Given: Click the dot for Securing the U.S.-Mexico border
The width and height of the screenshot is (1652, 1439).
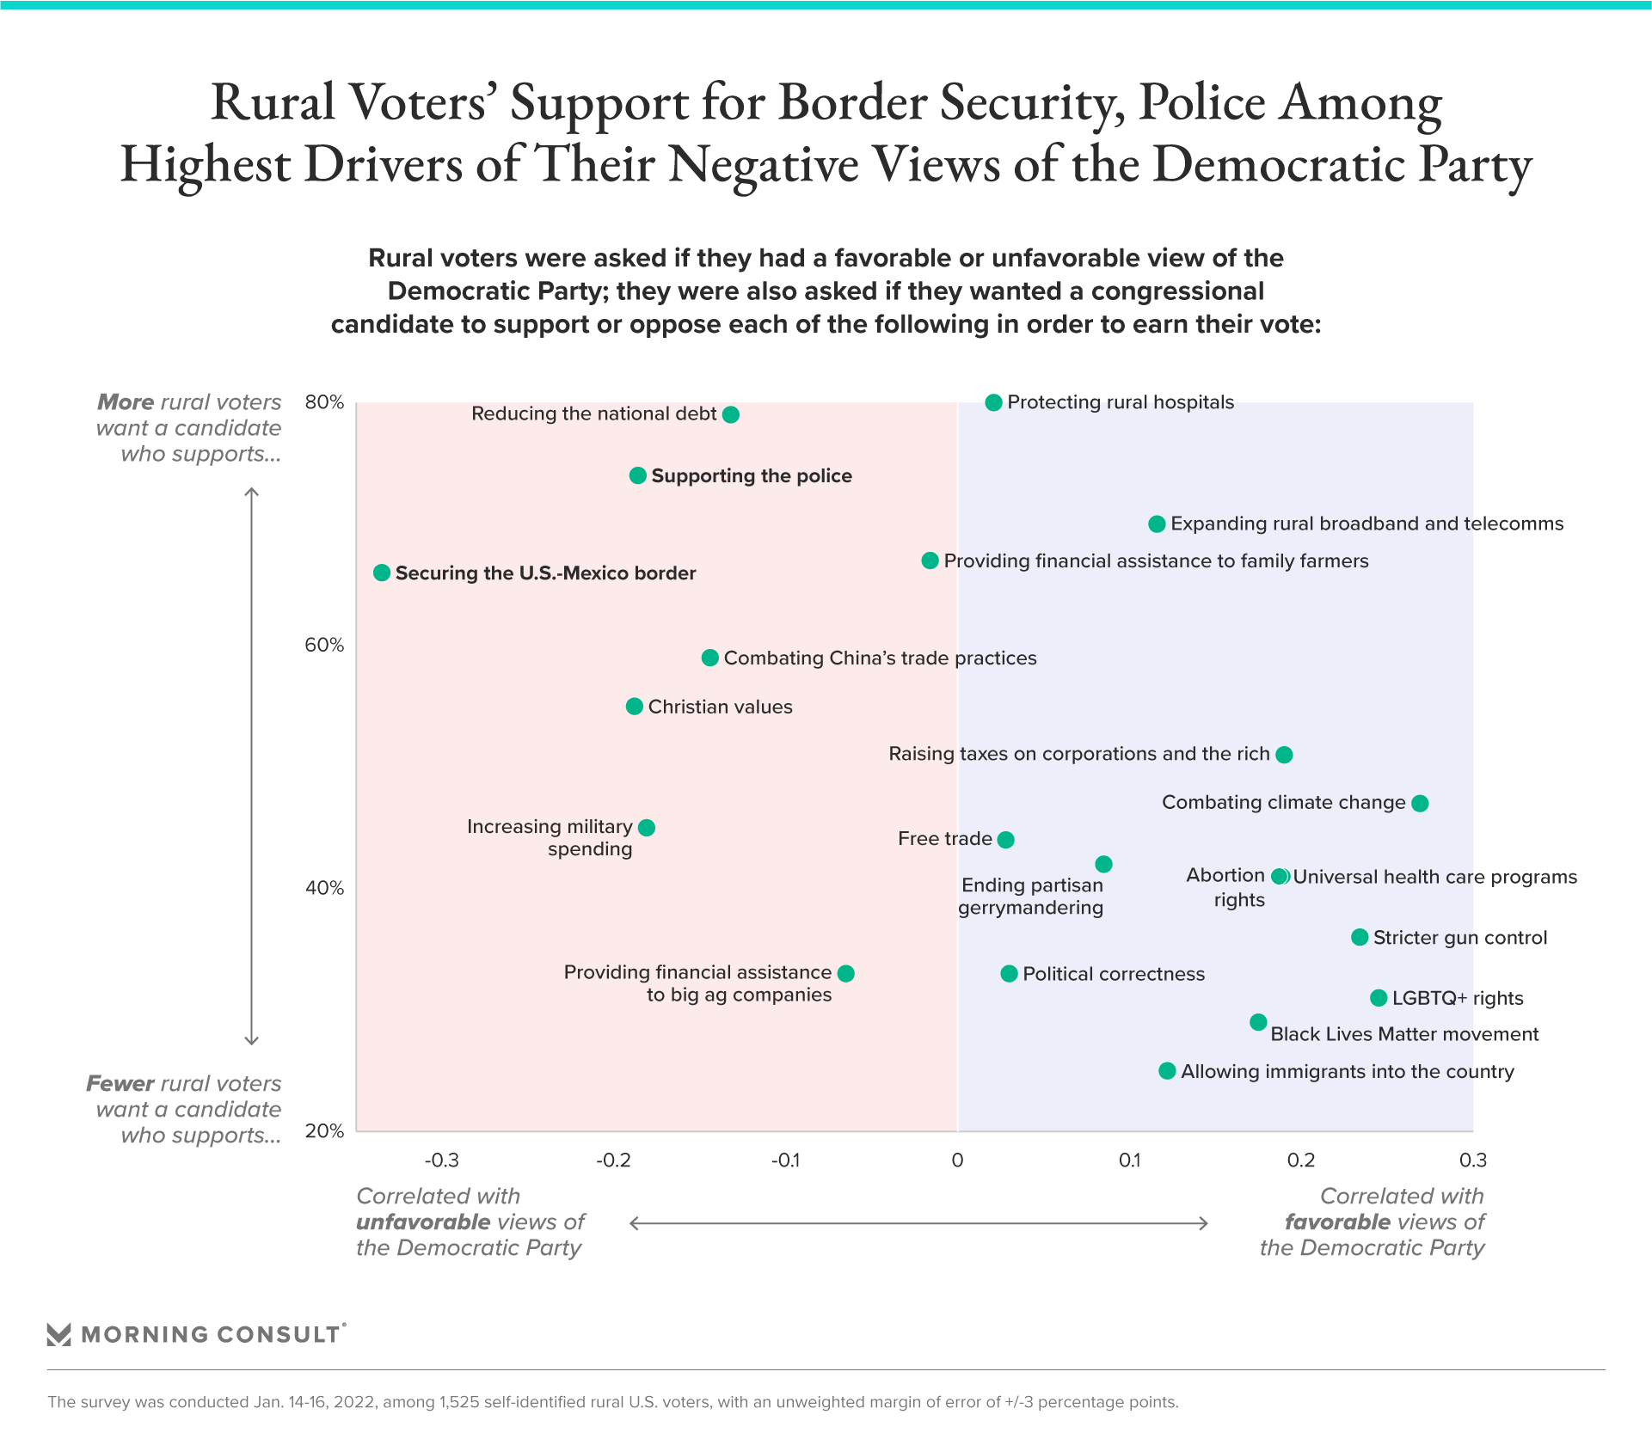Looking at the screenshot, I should coord(382,573).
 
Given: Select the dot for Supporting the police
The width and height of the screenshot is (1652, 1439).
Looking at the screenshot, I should coord(637,475).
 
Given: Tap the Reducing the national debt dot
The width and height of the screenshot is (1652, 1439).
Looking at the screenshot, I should coord(731,414).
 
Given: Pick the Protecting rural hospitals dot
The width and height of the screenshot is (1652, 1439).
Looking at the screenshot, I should coord(993,402).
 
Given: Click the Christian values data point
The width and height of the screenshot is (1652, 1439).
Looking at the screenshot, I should coord(634,707).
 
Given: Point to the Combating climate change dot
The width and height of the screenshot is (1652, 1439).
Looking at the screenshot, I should coord(1420,803).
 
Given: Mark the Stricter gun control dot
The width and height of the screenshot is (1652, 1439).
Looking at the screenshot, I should coord(1360,937).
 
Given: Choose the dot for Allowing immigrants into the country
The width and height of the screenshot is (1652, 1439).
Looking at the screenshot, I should coord(1167,1071).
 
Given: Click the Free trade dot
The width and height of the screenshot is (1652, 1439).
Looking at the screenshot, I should coord(1005,839).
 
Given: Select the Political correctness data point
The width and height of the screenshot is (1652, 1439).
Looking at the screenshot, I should coord(1009,974).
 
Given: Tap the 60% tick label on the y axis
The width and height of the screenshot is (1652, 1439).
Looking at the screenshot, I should coord(324,646).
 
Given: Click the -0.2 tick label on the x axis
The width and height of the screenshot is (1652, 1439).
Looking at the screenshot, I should coord(613,1160).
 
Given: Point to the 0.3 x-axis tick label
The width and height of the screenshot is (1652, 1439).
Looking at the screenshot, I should coord(1473,1160).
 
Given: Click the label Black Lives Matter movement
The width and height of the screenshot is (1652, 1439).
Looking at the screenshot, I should coord(1404,1034).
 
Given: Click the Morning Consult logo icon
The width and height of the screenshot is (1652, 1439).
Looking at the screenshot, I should coord(58,1334).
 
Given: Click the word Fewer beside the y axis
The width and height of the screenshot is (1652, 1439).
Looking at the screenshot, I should coord(120,1083).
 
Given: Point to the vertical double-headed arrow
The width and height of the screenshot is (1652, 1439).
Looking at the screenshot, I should coord(252,766).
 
